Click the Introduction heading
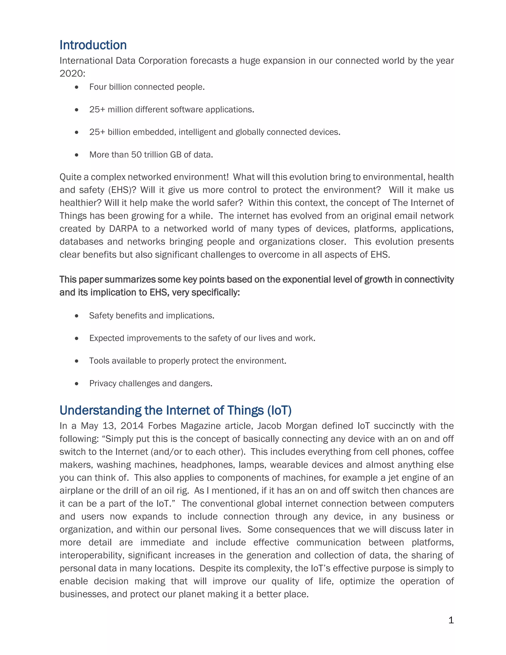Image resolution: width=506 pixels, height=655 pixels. pyautogui.click(x=93, y=45)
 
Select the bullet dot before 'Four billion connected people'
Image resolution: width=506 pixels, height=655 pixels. pyautogui.click(x=77, y=87)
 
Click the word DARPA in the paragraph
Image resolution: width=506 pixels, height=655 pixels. pyautogui.click(x=123, y=229)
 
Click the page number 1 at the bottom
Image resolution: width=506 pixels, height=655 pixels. pyautogui.click(x=451, y=620)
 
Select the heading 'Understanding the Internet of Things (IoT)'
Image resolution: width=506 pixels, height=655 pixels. pyautogui.click(x=175, y=411)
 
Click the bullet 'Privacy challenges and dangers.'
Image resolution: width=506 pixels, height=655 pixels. pyautogui.click(x=151, y=384)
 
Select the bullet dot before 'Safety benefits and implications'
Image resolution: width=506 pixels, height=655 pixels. pyautogui.click(x=77, y=316)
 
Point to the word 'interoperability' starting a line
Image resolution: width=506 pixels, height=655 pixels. pyautogui.click(x=91, y=555)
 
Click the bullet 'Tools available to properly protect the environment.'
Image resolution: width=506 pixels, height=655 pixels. pyautogui.click(x=188, y=361)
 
